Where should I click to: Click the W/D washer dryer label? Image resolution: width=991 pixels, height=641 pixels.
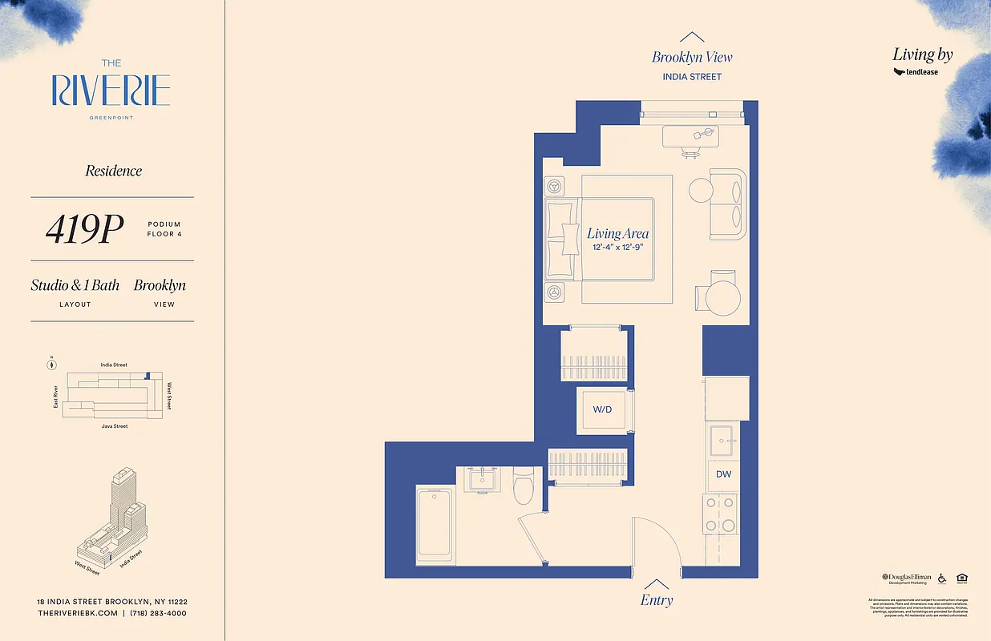click(x=602, y=409)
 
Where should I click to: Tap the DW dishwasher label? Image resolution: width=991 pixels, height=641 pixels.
click(x=723, y=474)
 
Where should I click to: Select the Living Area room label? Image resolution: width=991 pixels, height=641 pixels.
click(x=617, y=233)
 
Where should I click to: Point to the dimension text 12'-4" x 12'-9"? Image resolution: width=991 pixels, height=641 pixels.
click(x=617, y=248)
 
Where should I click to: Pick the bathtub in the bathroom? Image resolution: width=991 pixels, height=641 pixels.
click(x=435, y=525)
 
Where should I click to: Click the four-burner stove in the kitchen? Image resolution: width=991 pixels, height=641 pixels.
click(x=719, y=514)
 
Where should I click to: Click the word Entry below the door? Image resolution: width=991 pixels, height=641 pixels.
click(x=657, y=600)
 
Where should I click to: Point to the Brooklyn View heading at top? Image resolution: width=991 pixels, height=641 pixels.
click(x=692, y=57)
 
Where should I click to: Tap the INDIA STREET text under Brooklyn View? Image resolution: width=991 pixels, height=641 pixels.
click(x=692, y=77)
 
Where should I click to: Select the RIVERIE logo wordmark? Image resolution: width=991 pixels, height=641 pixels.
click(x=111, y=91)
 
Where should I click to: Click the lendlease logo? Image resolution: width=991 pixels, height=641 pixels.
click(x=916, y=72)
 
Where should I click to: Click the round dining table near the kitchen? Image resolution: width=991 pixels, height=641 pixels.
click(x=722, y=297)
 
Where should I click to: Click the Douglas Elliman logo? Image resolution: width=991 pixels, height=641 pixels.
click(x=907, y=577)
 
